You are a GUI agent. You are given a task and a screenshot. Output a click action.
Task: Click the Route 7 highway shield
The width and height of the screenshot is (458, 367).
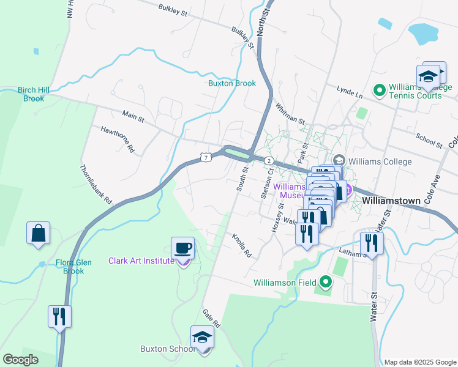coord(206,158)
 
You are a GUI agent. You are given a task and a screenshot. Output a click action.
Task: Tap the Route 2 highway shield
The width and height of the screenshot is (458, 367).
coord(269,160)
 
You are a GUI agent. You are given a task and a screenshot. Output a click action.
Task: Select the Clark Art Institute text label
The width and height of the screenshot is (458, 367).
coord(141,261)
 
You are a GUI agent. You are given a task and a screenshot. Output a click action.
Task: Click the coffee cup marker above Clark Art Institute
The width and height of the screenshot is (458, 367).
coord(182,248)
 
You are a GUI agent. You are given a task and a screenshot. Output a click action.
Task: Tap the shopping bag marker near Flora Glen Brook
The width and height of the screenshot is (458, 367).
coord(38,233)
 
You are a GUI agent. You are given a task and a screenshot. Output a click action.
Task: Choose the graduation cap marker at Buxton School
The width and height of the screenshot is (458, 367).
coord(203,337)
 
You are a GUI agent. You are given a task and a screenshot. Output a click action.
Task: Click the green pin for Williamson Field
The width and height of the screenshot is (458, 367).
coord(326,282)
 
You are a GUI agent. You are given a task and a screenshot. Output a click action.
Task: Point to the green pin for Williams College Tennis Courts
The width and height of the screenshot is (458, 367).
coord(379,91)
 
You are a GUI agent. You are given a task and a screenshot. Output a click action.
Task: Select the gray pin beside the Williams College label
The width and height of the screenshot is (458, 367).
coord(337,160)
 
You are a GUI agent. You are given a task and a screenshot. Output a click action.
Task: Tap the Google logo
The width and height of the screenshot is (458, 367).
coord(21,360)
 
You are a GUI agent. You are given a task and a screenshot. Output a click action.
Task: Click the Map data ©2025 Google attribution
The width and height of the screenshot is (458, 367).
coord(419,361)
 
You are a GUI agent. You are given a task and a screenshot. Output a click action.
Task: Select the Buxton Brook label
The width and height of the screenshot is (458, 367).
coord(231,83)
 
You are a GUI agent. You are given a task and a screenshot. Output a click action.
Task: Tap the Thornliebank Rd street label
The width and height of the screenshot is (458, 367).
coord(97,183)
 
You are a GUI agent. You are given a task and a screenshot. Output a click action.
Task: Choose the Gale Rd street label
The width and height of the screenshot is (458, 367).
coord(211,322)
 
